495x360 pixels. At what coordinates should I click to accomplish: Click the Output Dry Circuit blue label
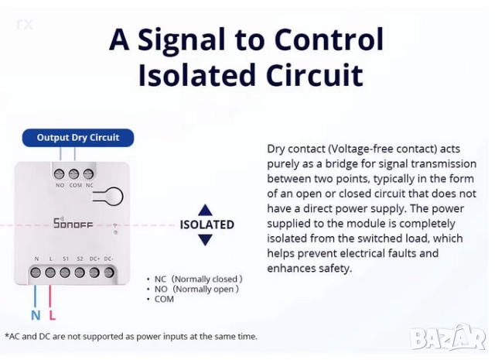pos(78,138)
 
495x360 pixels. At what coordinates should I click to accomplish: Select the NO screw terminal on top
pos(60,173)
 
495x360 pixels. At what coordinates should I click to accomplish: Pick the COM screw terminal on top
pos(74,173)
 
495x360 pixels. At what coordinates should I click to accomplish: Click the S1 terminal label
pos(65,259)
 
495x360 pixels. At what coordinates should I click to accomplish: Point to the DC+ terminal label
pos(94,259)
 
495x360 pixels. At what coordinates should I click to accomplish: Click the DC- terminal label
pos(108,259)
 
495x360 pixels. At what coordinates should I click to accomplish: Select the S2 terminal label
pos(80,259)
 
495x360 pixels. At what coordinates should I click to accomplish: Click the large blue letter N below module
pos(36,315)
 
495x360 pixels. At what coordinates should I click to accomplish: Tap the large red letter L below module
pos(52,315)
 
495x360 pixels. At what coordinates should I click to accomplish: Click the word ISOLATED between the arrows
pos(207,225)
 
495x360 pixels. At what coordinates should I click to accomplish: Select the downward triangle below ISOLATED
pos(205,240)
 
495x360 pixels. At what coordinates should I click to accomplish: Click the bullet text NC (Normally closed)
pos(198,279)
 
